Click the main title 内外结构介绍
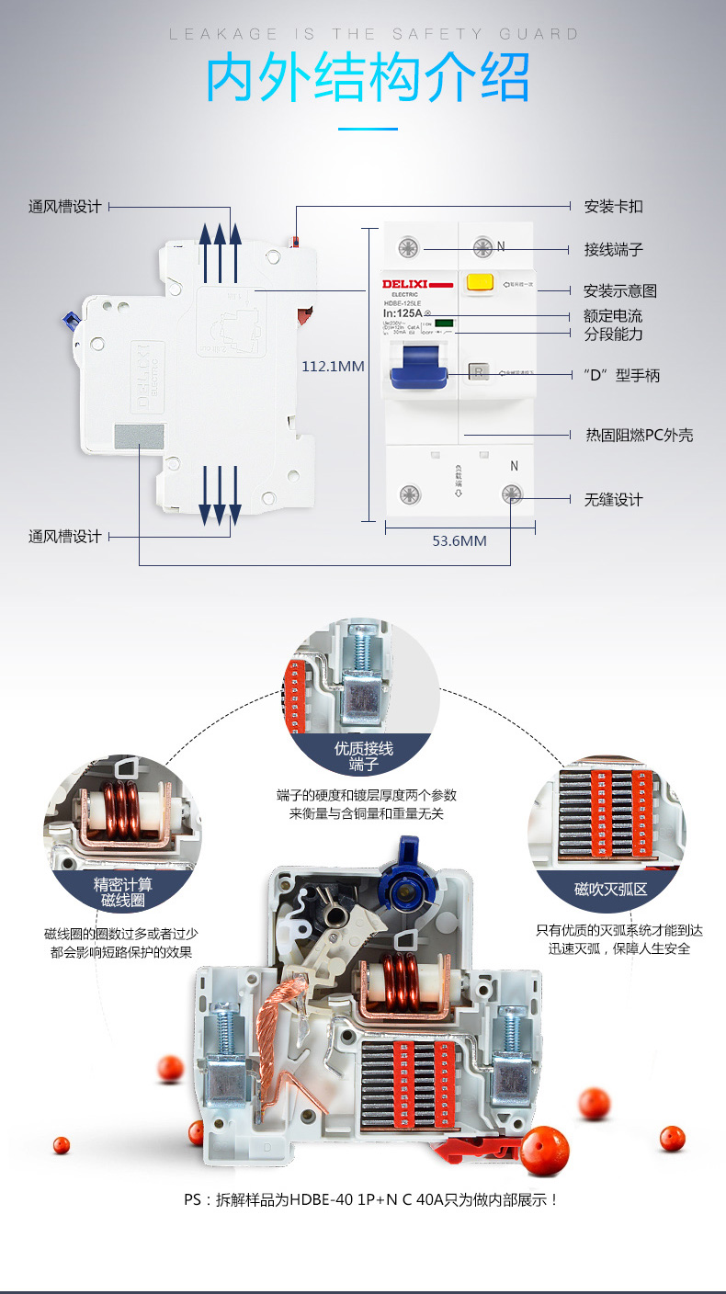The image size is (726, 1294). [x=367, y=79]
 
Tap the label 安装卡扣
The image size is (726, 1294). [x=613, y=206]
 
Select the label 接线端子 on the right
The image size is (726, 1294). [x=613, y=249]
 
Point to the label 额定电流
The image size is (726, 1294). [x=613, y=316]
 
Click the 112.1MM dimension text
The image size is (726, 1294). [x=333, y=366]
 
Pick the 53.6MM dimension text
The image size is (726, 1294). [x=459, y=540]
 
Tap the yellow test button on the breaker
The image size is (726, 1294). [x=478, y=283]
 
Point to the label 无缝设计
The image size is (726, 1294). [x=613, y=499]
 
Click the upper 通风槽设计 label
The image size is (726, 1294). [x=64, y=207]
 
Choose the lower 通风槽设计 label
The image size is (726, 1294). [x=64, y=536]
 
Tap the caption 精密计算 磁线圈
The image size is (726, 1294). [x=123, y=892]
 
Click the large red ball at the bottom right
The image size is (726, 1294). [x=546, y=1150]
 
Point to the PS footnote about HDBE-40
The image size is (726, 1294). [x=371, y=1200]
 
